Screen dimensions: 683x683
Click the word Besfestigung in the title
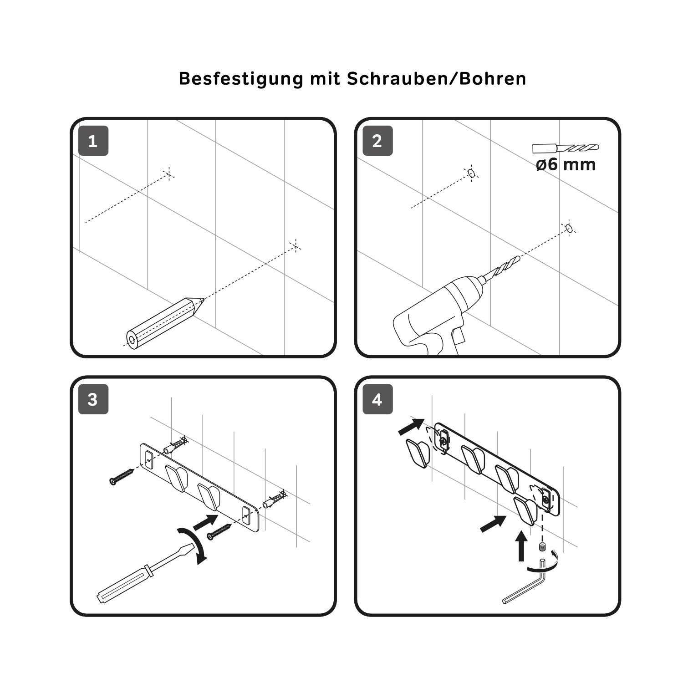click(241, 79)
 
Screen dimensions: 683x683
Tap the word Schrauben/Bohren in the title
click(436, 79)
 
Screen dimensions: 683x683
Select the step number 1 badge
click(93, 141)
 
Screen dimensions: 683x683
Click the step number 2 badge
click(377, 141)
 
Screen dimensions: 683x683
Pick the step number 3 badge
click(93, 399)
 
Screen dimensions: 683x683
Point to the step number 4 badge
click(377, 399)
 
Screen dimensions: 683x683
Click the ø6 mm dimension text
click(566, 164)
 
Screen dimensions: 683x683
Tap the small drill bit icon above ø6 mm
click(566, 148)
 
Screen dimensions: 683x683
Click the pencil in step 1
click(164, 322)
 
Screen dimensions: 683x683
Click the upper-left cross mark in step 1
click(168, 173)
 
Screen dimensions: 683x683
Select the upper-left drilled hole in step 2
click(471, 173)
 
